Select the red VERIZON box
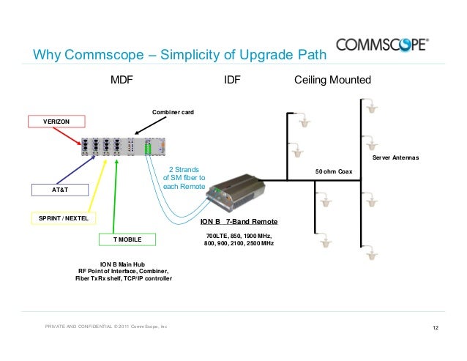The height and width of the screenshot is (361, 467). coord(56,121)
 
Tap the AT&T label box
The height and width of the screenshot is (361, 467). coord(59,189)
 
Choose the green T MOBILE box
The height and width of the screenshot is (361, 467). coord(127,239)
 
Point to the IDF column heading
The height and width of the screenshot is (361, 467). coord(232,80)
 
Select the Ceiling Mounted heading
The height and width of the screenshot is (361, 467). coord(332,80)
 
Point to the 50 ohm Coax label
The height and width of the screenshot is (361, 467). coord(334,171)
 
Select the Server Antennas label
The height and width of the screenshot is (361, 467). coord(396,157)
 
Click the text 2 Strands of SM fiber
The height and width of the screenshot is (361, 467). coord(184,177)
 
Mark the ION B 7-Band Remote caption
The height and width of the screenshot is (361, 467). coord(239,220)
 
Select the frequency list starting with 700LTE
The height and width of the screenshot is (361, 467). coord(239,239)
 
